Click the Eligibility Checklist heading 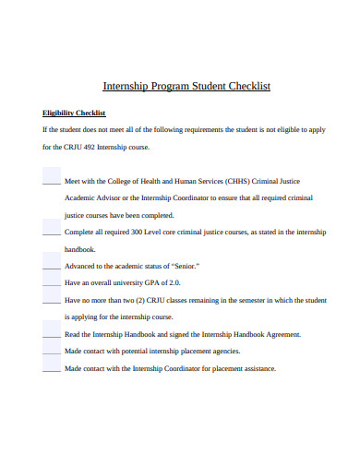pos(75,114)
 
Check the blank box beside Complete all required pos(52,231)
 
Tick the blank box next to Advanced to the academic pos(52,265)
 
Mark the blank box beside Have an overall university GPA pos(52,281)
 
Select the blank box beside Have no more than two pos(52,299)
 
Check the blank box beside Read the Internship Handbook pos(52,333)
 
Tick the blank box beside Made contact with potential pos(52,351)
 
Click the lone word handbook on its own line pos(81,249)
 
